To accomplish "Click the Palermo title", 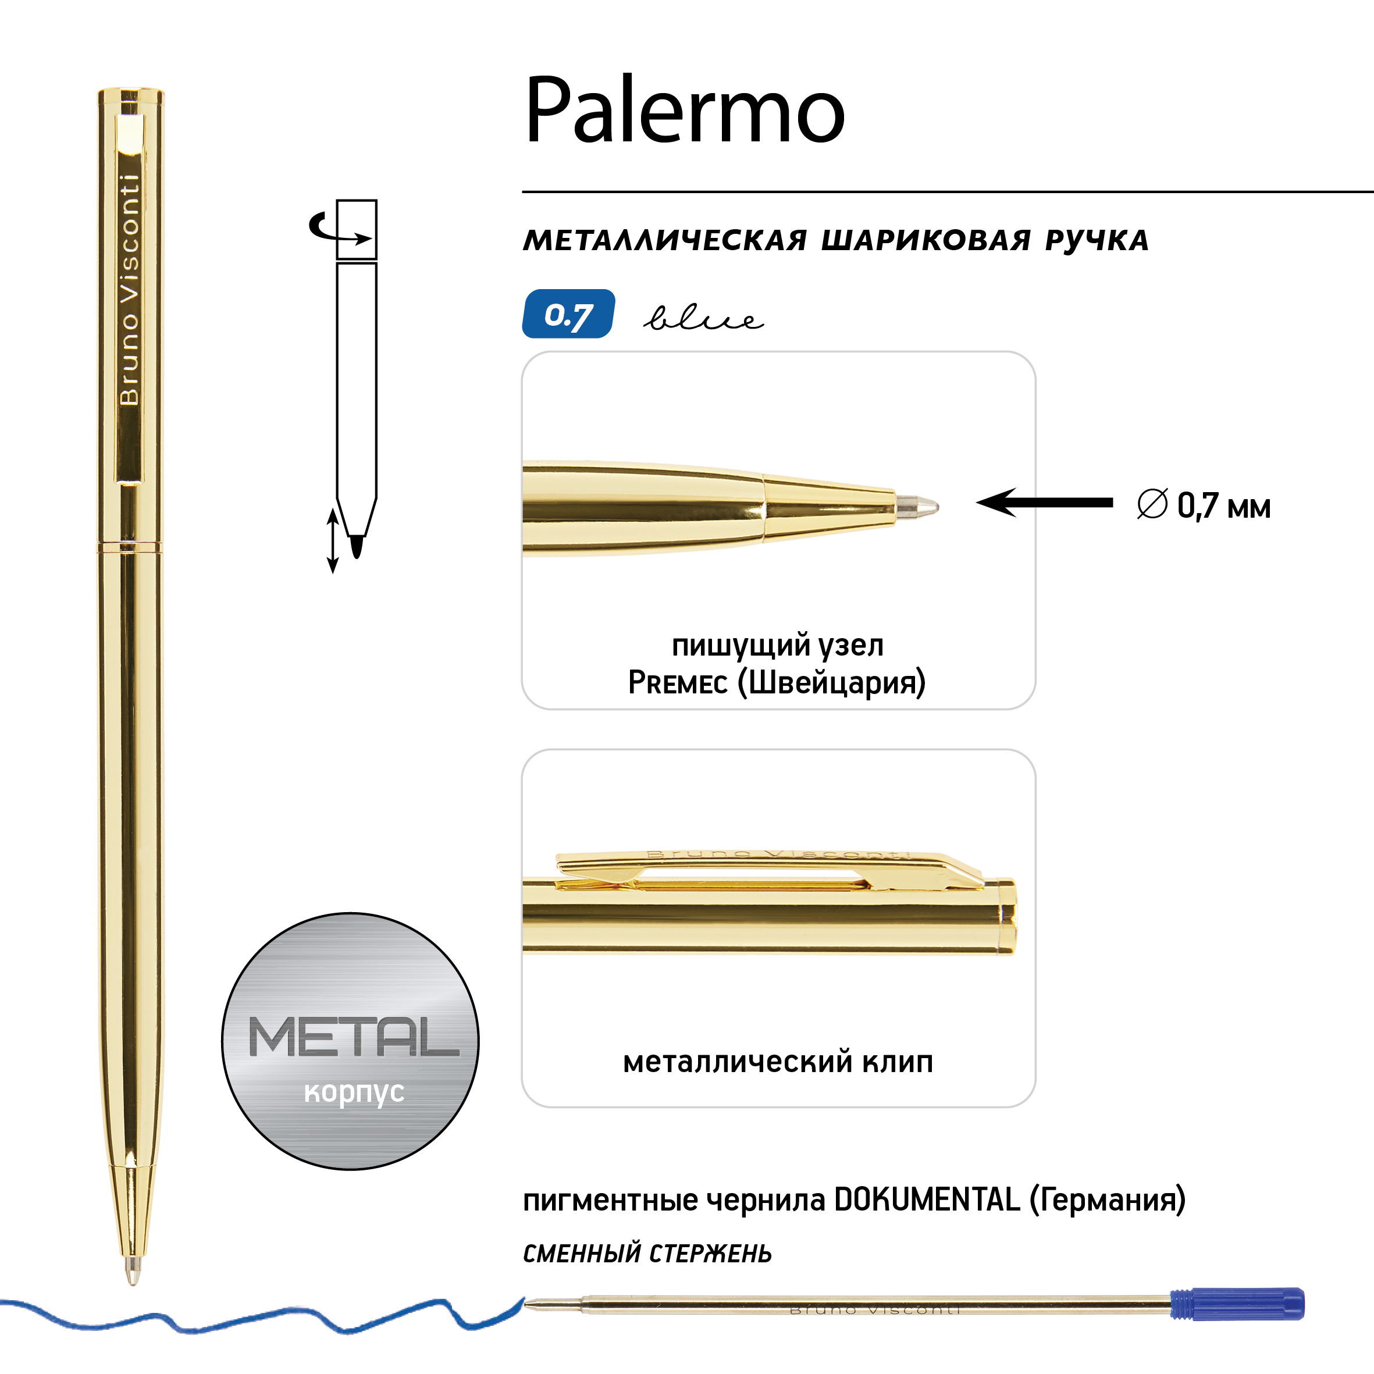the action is [x=685, y=110].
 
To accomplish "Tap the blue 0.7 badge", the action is [x=569, y=314].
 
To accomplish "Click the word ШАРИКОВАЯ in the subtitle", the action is [x=926, y=240].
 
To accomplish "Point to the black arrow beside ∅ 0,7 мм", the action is [x=1044, y=503].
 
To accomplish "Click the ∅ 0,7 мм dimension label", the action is [x=1204, y=506].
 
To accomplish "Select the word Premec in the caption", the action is [x=678, y=683].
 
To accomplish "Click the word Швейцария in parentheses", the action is [x=832, y=683].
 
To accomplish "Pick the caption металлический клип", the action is [x=778, y=1062].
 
